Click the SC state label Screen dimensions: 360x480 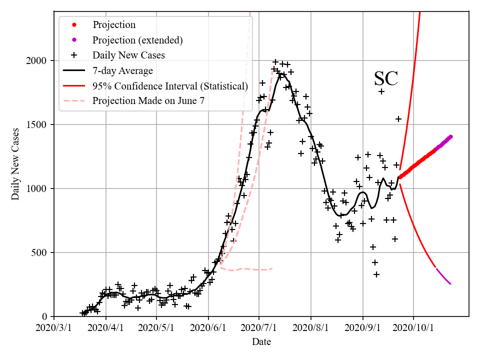(x=386, y=79)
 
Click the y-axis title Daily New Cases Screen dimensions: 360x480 (x=15, y=163)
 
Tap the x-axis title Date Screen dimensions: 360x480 (x=261, y=342)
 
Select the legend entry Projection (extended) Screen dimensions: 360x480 (x=137, y=39)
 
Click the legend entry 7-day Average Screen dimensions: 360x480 (x=122, y=70)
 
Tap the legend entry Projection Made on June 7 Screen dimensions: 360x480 (x=148, y=101)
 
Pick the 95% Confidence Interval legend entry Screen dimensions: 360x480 (x=170, y=86)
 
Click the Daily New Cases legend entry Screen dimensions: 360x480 (x=128, y=55)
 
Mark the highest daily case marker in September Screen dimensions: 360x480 (x=381, y=91)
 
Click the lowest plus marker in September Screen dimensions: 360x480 (x=376, y=274)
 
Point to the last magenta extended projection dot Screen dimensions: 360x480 (x=450, y=136)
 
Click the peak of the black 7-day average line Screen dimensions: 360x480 (x=282, y=74)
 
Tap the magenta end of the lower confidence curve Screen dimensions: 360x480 (x=450, y=284)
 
